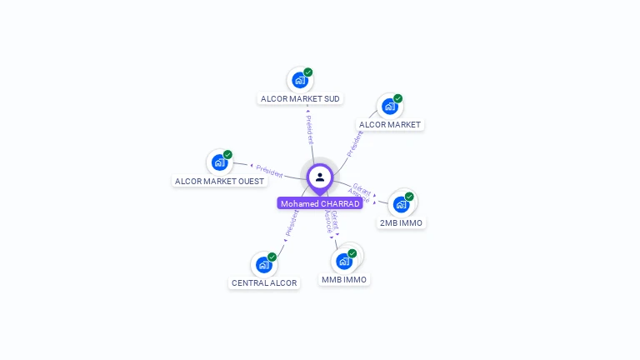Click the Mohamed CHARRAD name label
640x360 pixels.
tap(320, 203)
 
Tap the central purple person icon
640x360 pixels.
tap(320, 177)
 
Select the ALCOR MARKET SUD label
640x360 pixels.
tap(300, 98)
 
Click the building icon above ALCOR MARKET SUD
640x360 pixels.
tap(298, 81)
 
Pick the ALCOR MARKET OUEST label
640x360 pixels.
tap(219, 181)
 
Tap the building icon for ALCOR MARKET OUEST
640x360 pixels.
tap(219, 162)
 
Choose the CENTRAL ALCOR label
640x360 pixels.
tap(264, 282)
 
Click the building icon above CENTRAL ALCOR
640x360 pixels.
tap(263, 265)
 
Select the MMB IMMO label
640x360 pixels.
tap(344, 279)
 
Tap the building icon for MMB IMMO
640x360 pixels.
tap(343, 261)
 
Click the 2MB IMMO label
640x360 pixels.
tap(402, 222)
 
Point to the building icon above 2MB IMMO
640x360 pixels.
tap(401, 204)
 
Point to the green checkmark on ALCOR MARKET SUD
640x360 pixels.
tap(308, 72)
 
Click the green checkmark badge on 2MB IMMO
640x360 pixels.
tap(409, 197)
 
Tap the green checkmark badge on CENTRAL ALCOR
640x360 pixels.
tap(272, 257)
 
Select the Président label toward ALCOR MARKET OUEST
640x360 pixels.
tap(269, 170)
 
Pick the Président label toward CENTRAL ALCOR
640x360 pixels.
tap(291, 222)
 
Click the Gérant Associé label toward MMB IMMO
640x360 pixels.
tap(331, 222)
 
